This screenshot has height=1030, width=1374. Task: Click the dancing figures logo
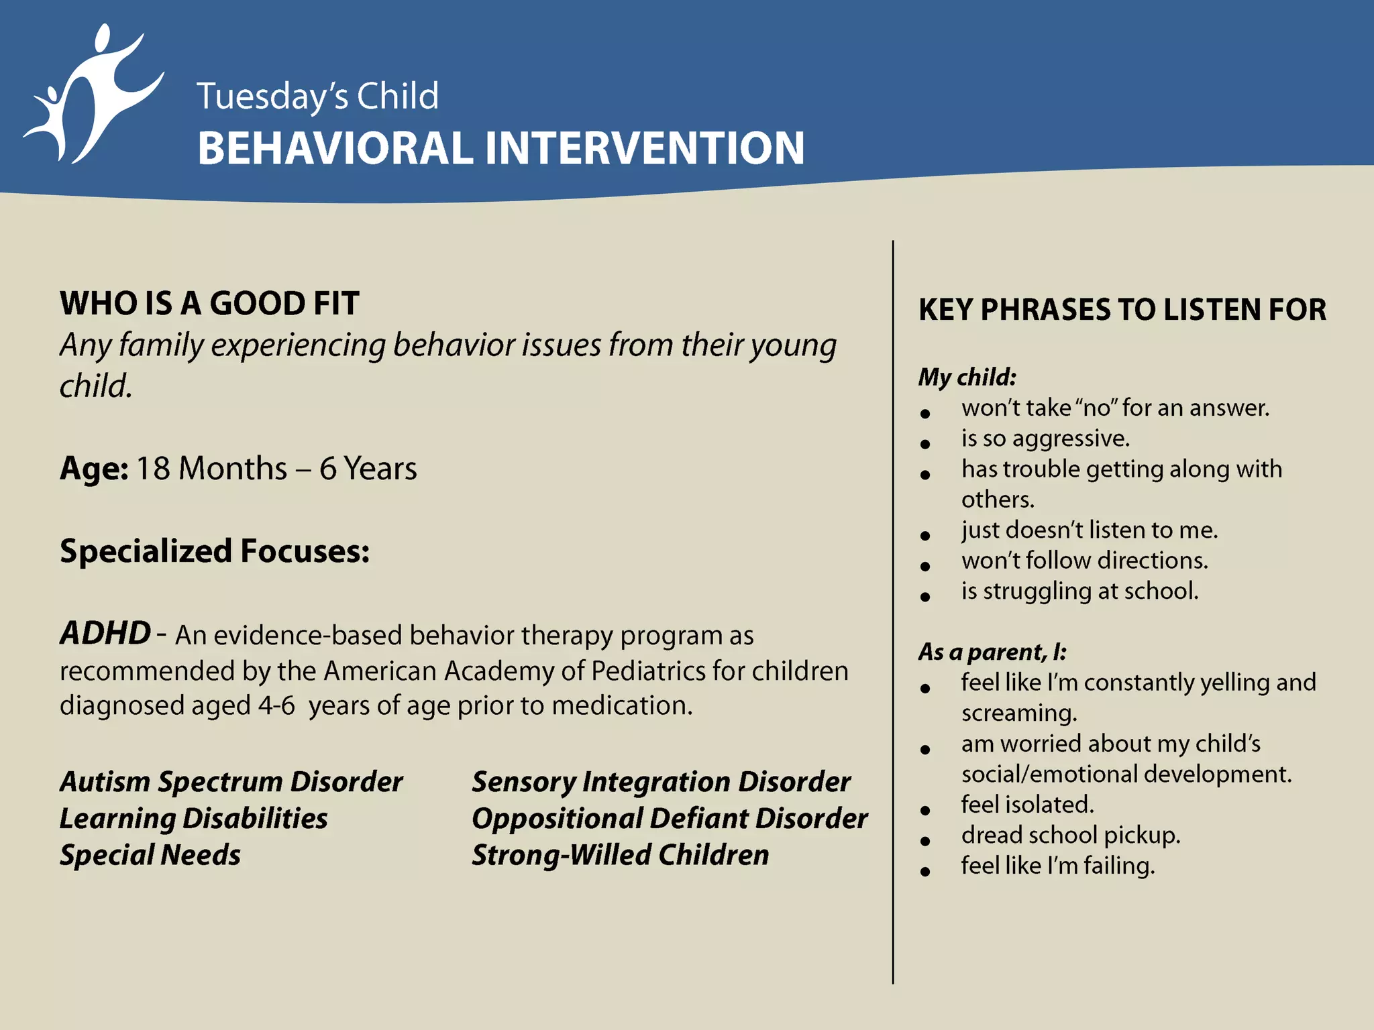click(x=94, y=94)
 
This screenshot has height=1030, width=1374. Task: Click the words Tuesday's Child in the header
click(x=317, y=96)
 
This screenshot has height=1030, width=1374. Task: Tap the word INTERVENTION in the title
click(x=644, y=148)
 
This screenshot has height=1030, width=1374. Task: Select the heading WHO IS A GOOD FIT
click(x=209, y=303)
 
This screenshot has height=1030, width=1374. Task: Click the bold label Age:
click(x=94, y=468)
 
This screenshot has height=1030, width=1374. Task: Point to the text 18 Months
click(x=211, y=468)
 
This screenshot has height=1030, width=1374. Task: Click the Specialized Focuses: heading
click(x=215, y=551)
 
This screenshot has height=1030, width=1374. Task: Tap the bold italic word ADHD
click(x=105, y=633)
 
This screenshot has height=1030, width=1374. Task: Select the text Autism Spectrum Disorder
click(x=231, y=782)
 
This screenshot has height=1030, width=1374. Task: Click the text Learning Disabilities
click(x=193, y=818)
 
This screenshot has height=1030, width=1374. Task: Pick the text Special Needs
click(x=150, y=855)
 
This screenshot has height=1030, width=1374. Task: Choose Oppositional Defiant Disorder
click(x=669, y=818)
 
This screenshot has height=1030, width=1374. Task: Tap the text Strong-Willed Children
click(x=620, y=855)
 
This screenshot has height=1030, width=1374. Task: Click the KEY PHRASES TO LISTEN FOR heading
click(x=1122, y=310)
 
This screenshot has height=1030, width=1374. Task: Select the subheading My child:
click(x=967, y=377)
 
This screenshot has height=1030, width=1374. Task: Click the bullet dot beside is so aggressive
click(x=925, y=444)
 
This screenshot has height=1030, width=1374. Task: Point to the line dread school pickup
click(x=1070, y=835)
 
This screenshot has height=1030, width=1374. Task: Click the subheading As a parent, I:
click(x=992, y=652)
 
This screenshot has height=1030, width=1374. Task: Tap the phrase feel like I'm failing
click(x=1057, y=866)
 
